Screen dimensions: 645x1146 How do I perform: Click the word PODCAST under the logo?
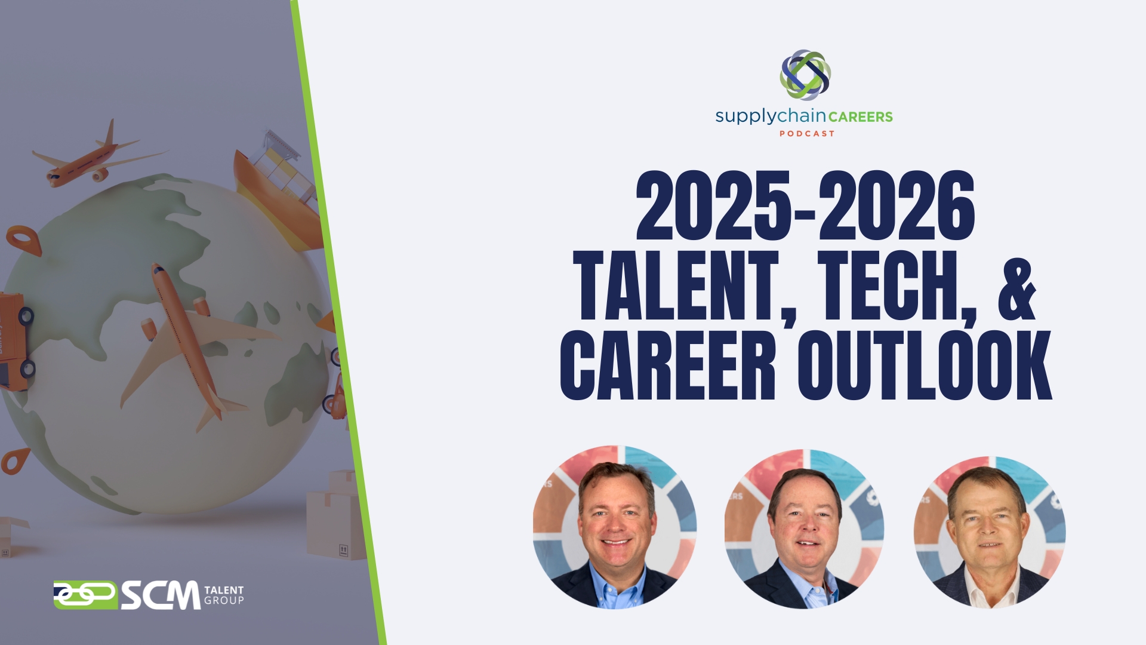[806, 134]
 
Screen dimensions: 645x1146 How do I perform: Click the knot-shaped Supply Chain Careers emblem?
[805, 75]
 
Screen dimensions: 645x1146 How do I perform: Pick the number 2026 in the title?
[897, 206]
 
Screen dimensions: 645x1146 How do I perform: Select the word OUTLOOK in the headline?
[925, 365]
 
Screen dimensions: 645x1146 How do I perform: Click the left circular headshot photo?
[615, 527]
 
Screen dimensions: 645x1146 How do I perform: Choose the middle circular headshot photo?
[805, 529]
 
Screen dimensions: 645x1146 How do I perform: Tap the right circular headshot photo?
[990, 532]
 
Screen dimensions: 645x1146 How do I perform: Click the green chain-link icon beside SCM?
[85, 595]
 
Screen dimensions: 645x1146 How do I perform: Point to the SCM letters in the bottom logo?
[161, 595]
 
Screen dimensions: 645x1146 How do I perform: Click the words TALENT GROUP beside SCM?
[224, 595]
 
